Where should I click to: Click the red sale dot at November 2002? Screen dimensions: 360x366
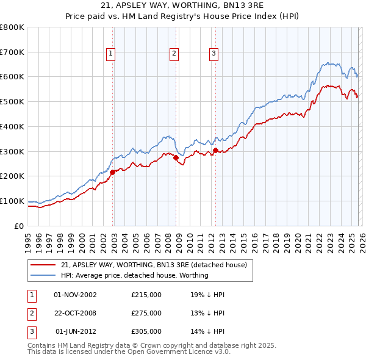pyautogui.click(x=113, y=172)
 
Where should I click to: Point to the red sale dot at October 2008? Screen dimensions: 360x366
pyautogui.click(x=176, y=157)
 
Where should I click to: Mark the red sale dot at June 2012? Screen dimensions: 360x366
pyautogui.click(x=215, y=150)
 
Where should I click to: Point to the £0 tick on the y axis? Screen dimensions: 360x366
pyautogui.click(x=20, y=226)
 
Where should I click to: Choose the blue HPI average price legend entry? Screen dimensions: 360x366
pyautogui.click(x=134, y=275)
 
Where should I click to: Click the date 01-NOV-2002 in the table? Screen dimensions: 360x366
pyautogui.click(x=76, y=295)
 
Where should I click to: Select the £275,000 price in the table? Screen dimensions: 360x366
pyautogui.click(x=146, y=313)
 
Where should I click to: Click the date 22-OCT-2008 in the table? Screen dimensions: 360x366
pyautogui.click(x=76, y=313)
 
